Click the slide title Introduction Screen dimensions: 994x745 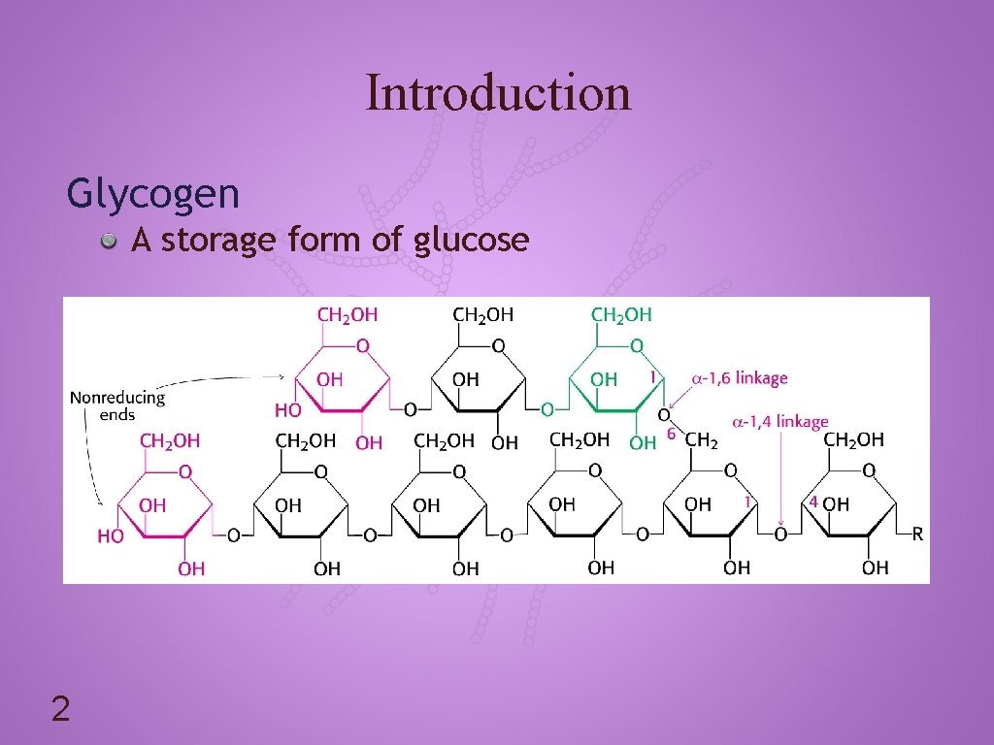[x=498, y=93]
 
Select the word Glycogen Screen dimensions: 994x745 [x=152, y=194]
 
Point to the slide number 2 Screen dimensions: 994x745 [x=60, y=711]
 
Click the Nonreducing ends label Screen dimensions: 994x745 [x=116, y=405]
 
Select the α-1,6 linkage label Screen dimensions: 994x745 [x=739, y=378]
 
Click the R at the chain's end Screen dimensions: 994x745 [x=916, y=534]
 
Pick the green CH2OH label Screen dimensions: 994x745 [x=621, y=314]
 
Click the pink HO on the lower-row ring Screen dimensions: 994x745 [x=110, y=536]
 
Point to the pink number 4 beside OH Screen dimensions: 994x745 [x=813, y=502]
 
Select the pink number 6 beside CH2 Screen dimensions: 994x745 [x=671, y=436]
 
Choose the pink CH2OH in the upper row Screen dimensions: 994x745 [x=348, y=314]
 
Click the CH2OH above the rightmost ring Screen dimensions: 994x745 [x=853, y=440]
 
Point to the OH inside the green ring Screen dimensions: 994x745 [x=604, y=380]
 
